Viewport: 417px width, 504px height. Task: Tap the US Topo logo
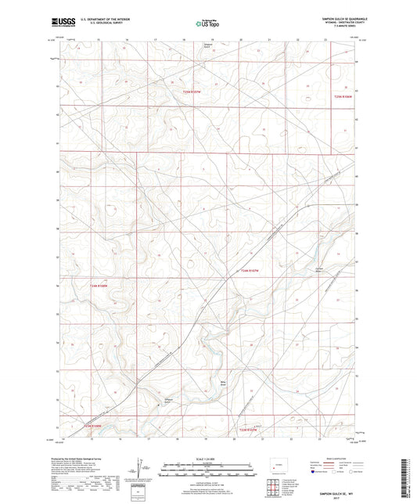point(207,24)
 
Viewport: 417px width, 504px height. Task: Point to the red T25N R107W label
point(192,93)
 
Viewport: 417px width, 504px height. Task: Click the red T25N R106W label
point(344,96)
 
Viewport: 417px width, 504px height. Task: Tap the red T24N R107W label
point(250,271)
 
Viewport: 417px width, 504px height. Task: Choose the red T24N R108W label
point(92,286)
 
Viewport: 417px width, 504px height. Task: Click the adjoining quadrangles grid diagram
point(301,470)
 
